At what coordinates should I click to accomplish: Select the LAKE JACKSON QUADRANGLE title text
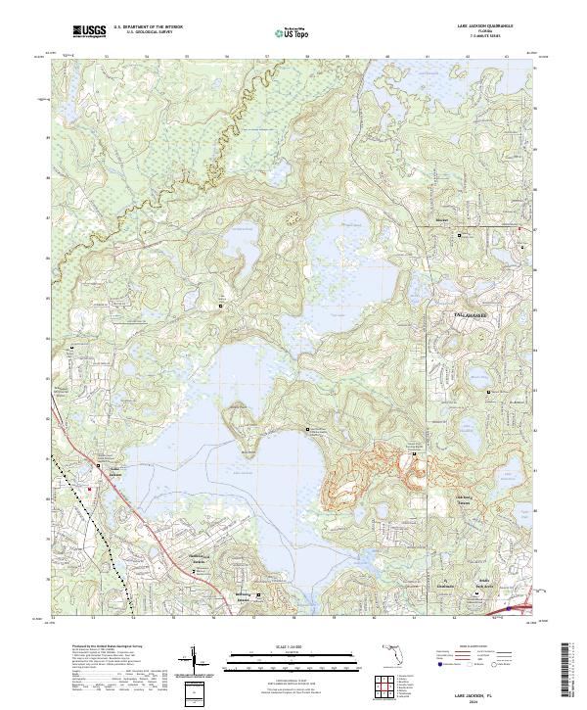coord(475,26)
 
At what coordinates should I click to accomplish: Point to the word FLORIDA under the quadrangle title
coord(475,31)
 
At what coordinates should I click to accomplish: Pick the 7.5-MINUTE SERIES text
coord(475,37)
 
